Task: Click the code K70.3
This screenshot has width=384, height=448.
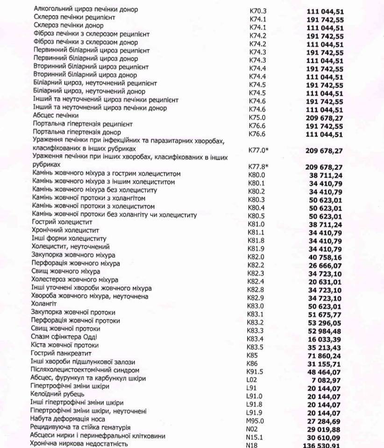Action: pyautogui.click(x=257, y=9)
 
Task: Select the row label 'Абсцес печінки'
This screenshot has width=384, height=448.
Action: pyautogui.click(x=56, y=115)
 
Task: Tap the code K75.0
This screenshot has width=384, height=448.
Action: pyautogui.click(x=257, y=117)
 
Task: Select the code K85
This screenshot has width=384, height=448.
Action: pyautogui.click(x=252, y=355)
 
